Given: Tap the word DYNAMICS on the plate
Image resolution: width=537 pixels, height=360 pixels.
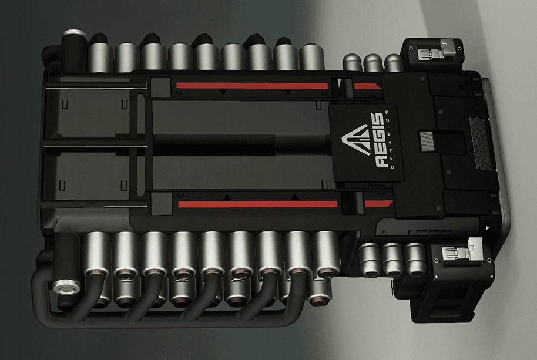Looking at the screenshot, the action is point(390,140).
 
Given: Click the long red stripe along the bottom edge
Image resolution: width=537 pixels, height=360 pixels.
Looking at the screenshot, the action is point(257,204).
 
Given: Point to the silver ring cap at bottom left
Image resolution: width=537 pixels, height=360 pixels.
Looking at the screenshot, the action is point(67,287).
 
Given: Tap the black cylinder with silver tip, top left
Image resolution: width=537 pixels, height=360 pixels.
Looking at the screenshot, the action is point(73,51).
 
